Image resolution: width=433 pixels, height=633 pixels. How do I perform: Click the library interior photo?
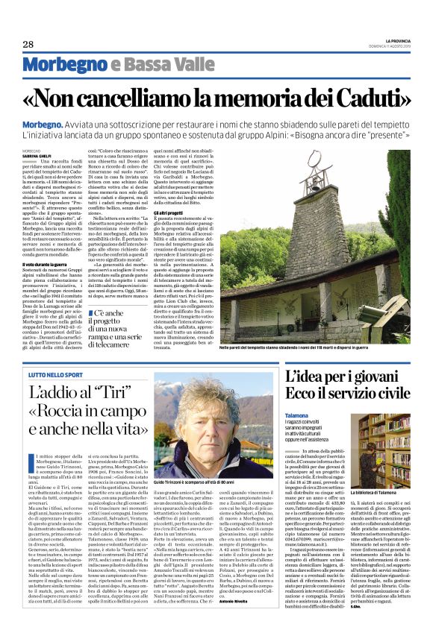coord(377,447)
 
